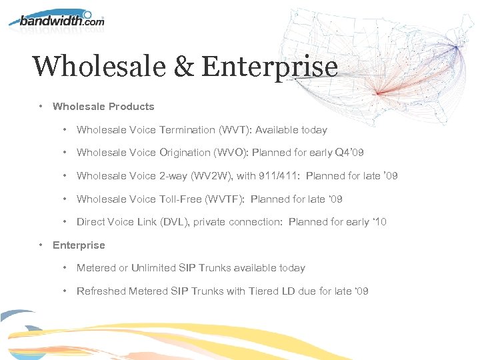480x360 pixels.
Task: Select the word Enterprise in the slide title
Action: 269,67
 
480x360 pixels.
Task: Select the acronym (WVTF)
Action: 223,199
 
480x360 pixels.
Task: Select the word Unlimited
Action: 155,268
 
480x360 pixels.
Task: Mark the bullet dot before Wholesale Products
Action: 41,107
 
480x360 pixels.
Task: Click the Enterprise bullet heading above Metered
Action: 79,245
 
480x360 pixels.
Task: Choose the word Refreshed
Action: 101,291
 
